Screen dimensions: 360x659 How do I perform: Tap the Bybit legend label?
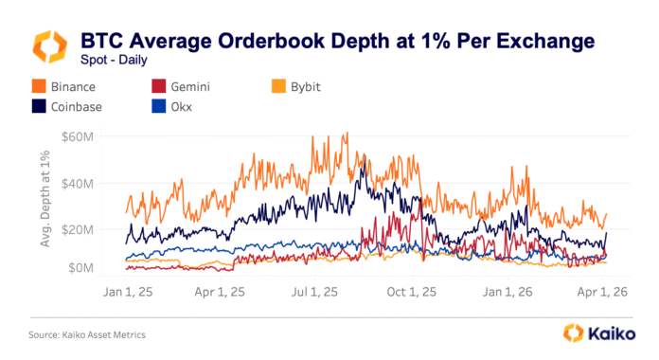(x=305, y=86)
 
